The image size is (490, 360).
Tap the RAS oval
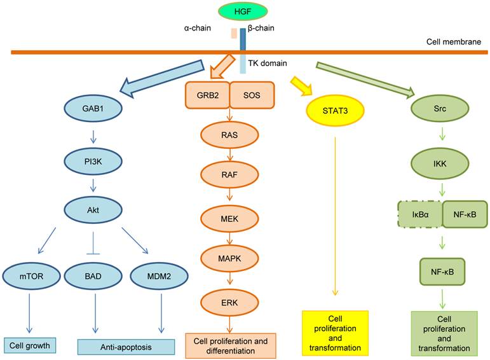click(x=229, y=135)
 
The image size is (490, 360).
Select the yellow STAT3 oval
click(x=333, y=110)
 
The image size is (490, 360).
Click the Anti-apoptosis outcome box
click(x=126, y=346)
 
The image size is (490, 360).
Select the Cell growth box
click(x=31, y=345)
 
